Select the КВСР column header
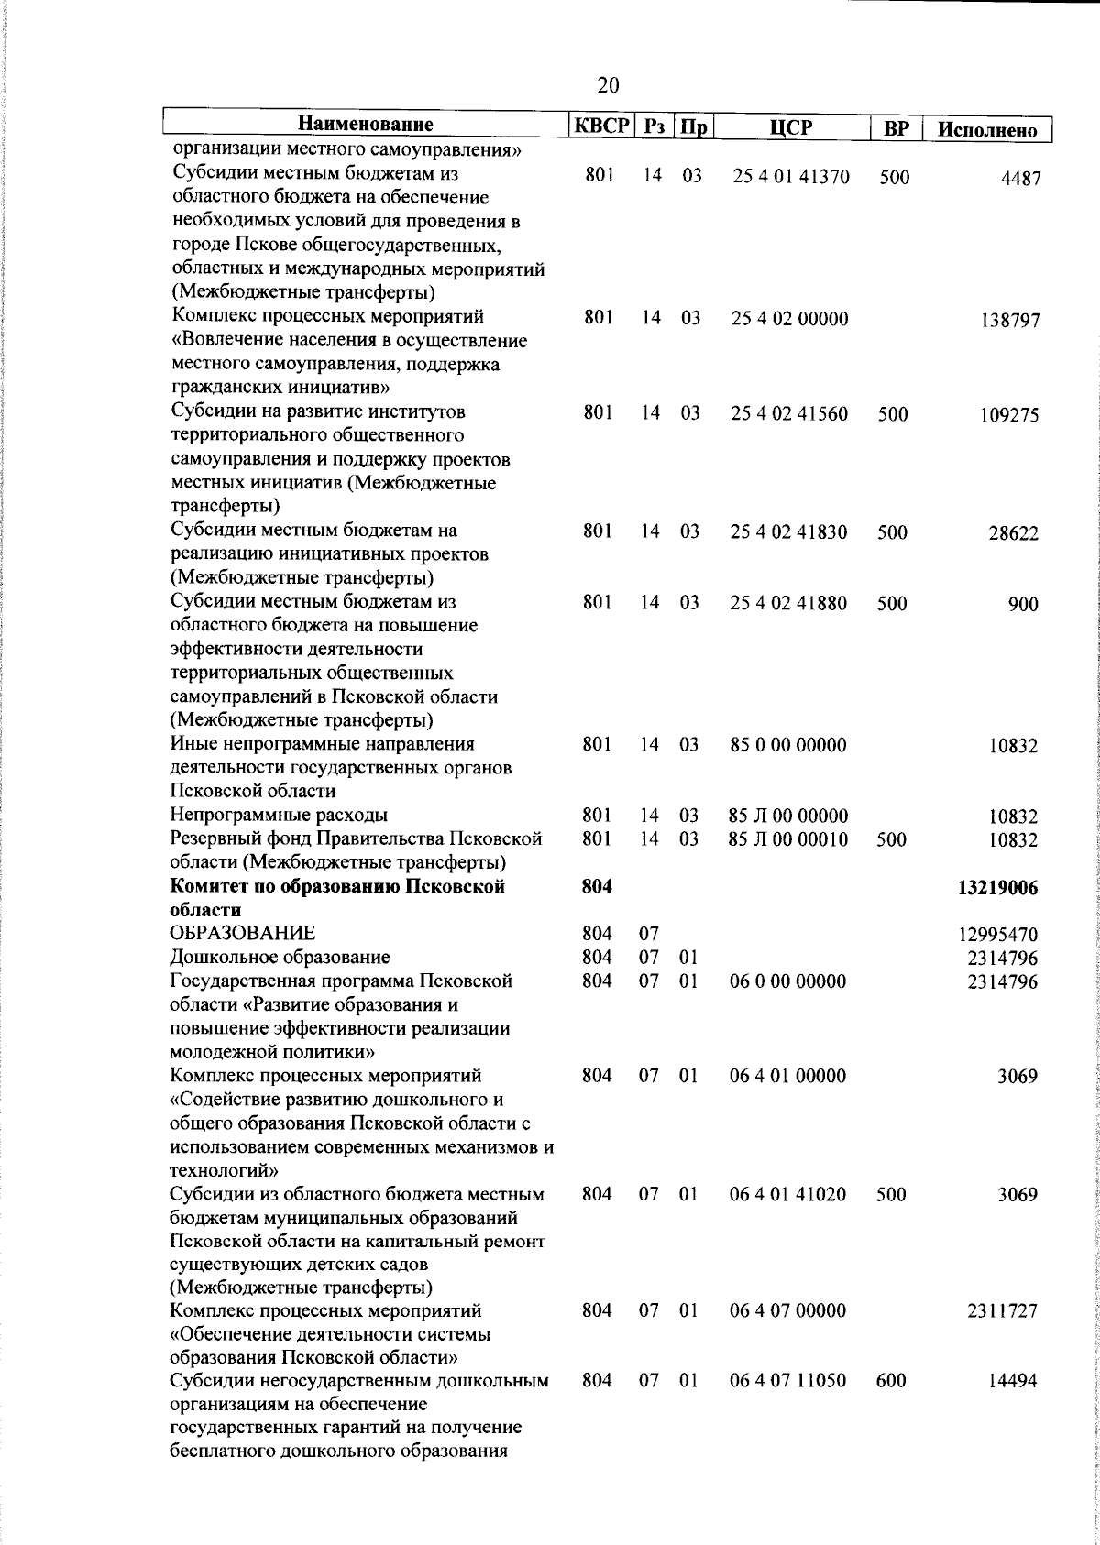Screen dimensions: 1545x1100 pyautogui.click(x=600, y=126)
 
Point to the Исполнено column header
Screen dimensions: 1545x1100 pyautogui.click(x=986, y=129)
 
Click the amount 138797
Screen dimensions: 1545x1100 pyautogui.click(x=1009, y=321)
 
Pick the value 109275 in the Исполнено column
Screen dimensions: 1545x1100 pyautogui.click(x=1009, y=415)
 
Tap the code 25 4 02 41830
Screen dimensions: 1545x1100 pyautogui.click(x=789, y=532)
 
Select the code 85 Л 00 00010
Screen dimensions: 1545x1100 pyautogui.click(x=788, y=839)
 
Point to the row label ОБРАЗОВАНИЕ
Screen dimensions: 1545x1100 pyautogui.click(x=244, y=934)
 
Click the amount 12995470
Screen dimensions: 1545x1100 pyautogui.click(x=998, y=936)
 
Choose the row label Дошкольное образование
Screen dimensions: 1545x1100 pyautogui.click(x=280, y=958)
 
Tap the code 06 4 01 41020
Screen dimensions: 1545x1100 pyautogui.click(x=788, y=1195)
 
